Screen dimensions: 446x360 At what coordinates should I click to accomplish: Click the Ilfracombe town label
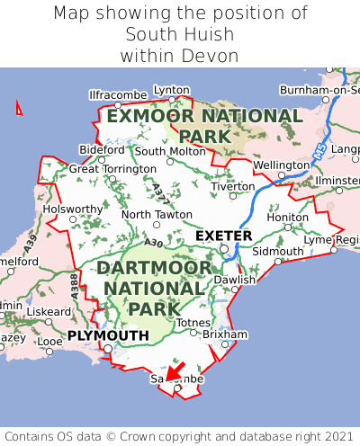click(x=118, y=94)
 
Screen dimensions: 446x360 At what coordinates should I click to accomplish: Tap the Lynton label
click(x=171, y=90)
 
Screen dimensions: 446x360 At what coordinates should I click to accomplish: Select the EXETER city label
click(x=223, y=236)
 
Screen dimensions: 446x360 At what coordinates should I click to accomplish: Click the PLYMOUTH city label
click(x=108, y=335)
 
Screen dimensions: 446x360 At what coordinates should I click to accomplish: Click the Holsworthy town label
click(x=73, y=210)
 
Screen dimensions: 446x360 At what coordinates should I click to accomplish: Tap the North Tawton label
click(x=157, y=215)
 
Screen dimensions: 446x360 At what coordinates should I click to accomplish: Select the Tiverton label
click(x=233, y=186)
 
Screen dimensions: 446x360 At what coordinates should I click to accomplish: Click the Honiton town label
click(x=288, y=218)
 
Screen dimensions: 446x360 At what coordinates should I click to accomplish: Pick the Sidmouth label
click(x=273, y=251)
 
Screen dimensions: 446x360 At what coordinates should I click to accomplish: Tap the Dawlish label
click(x=235, y=280)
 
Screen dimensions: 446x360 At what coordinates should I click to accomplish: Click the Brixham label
click(x=225, y=334)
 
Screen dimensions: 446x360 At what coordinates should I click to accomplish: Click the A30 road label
click(x=129, y=243)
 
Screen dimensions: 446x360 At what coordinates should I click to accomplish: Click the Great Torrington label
click(x=112, y=169)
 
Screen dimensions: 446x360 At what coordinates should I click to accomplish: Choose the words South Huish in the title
click(x=179, y=35)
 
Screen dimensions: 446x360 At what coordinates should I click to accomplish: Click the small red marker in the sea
click(x=19, y=108)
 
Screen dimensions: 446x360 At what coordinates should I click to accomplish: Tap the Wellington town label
click(x=281, y=165)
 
